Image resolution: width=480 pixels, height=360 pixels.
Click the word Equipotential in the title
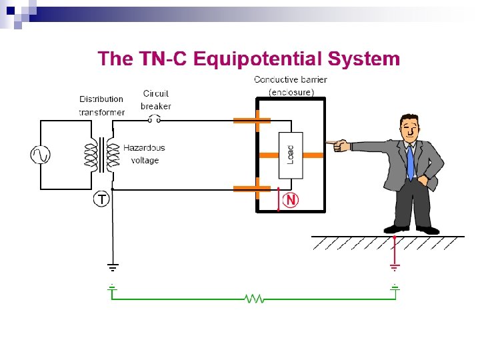point(257,59)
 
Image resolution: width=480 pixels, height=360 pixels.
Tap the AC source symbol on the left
point(40,155)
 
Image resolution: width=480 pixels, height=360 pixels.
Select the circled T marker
point(101,199)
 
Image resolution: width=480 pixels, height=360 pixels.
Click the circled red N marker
point(291,200)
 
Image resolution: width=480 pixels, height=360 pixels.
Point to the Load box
point(291,155)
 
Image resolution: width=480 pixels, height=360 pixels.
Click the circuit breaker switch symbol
point(155,120)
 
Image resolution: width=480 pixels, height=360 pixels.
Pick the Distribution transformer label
point(101,105)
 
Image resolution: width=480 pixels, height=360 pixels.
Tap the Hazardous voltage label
point(144,154)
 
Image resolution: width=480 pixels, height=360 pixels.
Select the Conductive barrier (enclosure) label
point(291,85)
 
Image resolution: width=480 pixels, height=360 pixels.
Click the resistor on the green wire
point(254,299)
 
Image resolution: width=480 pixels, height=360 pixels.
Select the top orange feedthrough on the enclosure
point(251,121)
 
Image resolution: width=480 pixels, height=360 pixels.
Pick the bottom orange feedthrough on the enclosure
point(251,189)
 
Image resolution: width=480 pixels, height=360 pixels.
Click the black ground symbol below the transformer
point(113,268)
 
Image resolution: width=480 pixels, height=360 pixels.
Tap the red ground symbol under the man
point(395,268)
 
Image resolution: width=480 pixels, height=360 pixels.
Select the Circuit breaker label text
point(155,99)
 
